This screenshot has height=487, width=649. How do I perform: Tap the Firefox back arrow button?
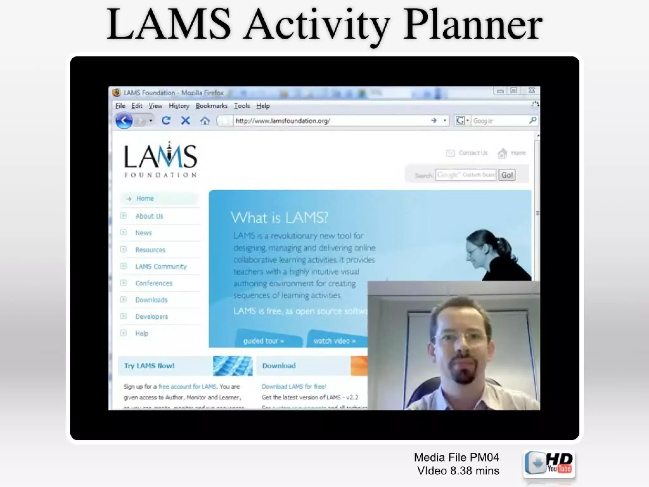point(124,121)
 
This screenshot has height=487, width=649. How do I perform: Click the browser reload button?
point(166,121)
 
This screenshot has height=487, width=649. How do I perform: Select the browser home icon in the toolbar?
point(205,121)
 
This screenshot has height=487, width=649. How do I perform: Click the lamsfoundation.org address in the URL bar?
point(283,121)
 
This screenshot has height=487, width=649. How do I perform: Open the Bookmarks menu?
point(211,106)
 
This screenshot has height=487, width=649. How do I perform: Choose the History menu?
point(179,106)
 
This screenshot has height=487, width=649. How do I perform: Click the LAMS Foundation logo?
point(160,160)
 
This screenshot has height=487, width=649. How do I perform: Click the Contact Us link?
point(473,153)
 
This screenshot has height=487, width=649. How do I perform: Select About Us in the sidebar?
point(149,216)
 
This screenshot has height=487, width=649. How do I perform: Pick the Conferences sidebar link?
point(154,283)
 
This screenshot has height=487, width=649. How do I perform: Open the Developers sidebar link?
point(151,316)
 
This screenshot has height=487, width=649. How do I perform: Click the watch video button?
point(334,341)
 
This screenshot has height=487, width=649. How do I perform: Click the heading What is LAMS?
point(279,218)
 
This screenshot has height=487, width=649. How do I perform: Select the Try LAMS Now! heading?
point(149,366)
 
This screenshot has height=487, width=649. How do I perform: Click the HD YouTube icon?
point(549,464)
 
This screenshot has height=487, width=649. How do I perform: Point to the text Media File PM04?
point(456,457)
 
